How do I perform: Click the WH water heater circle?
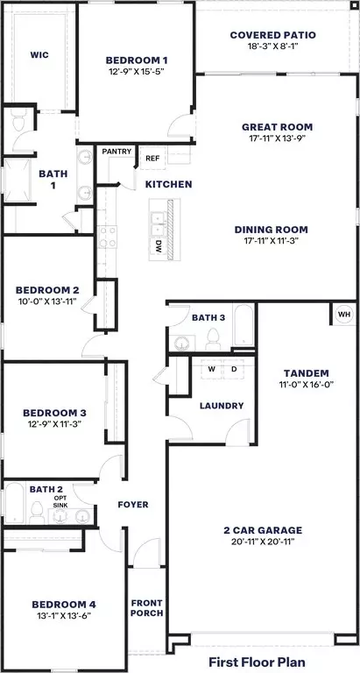[344, 315]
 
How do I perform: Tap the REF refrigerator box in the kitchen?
[152, 158]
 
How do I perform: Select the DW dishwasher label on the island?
[157, 246]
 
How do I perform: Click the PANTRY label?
[116, 152]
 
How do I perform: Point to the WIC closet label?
[39, 55]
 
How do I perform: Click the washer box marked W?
[212, 369]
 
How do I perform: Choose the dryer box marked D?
[234, 369]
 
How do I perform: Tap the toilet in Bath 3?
[213, 339]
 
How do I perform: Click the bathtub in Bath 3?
[244, 324]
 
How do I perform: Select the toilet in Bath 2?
[38, 513]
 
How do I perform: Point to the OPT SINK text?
[60, 501]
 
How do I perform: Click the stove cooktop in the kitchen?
[107, 237]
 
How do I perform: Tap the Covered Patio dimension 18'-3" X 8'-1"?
[272, 46]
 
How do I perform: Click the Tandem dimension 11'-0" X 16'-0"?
[306, 384]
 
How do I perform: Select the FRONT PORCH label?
[147, 609]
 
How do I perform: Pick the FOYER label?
[133, 505]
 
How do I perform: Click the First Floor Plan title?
[257, 662]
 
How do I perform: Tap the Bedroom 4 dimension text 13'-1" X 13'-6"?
[64, 615]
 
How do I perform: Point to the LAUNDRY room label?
[222, 406]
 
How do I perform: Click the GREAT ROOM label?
[283, 127]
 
